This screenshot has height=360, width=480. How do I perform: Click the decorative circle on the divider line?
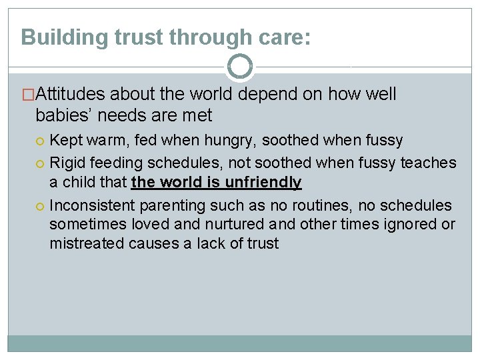pyautogui.click(x=240, y=67)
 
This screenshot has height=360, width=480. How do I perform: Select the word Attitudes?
pyautogui.click(x=71, y=95)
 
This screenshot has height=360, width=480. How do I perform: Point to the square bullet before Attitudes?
pyautogui.click(x=27, y=95)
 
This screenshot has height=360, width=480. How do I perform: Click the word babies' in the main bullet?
pyautogui.click(x=65, y=115)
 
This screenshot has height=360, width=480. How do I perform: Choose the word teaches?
pyautogui.click(x=429, y=162)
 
